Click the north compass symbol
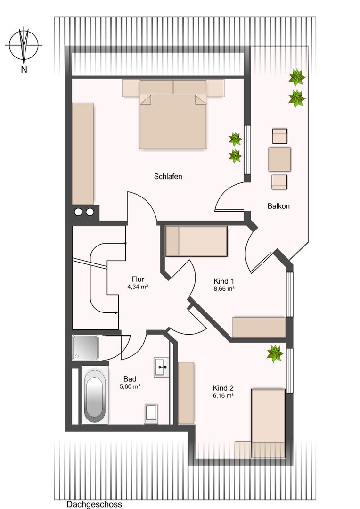24,45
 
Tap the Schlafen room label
168,177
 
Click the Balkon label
278,206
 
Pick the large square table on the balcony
279,159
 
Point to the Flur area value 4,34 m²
138,287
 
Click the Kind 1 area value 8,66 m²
224,288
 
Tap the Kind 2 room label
223,388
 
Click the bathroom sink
161,367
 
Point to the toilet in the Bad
151,414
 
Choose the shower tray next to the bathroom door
85,347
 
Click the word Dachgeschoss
94,504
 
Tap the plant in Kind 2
275,353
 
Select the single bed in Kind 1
196,241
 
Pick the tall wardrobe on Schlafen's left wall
83,154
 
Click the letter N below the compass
24,69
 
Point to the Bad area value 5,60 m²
130,386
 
